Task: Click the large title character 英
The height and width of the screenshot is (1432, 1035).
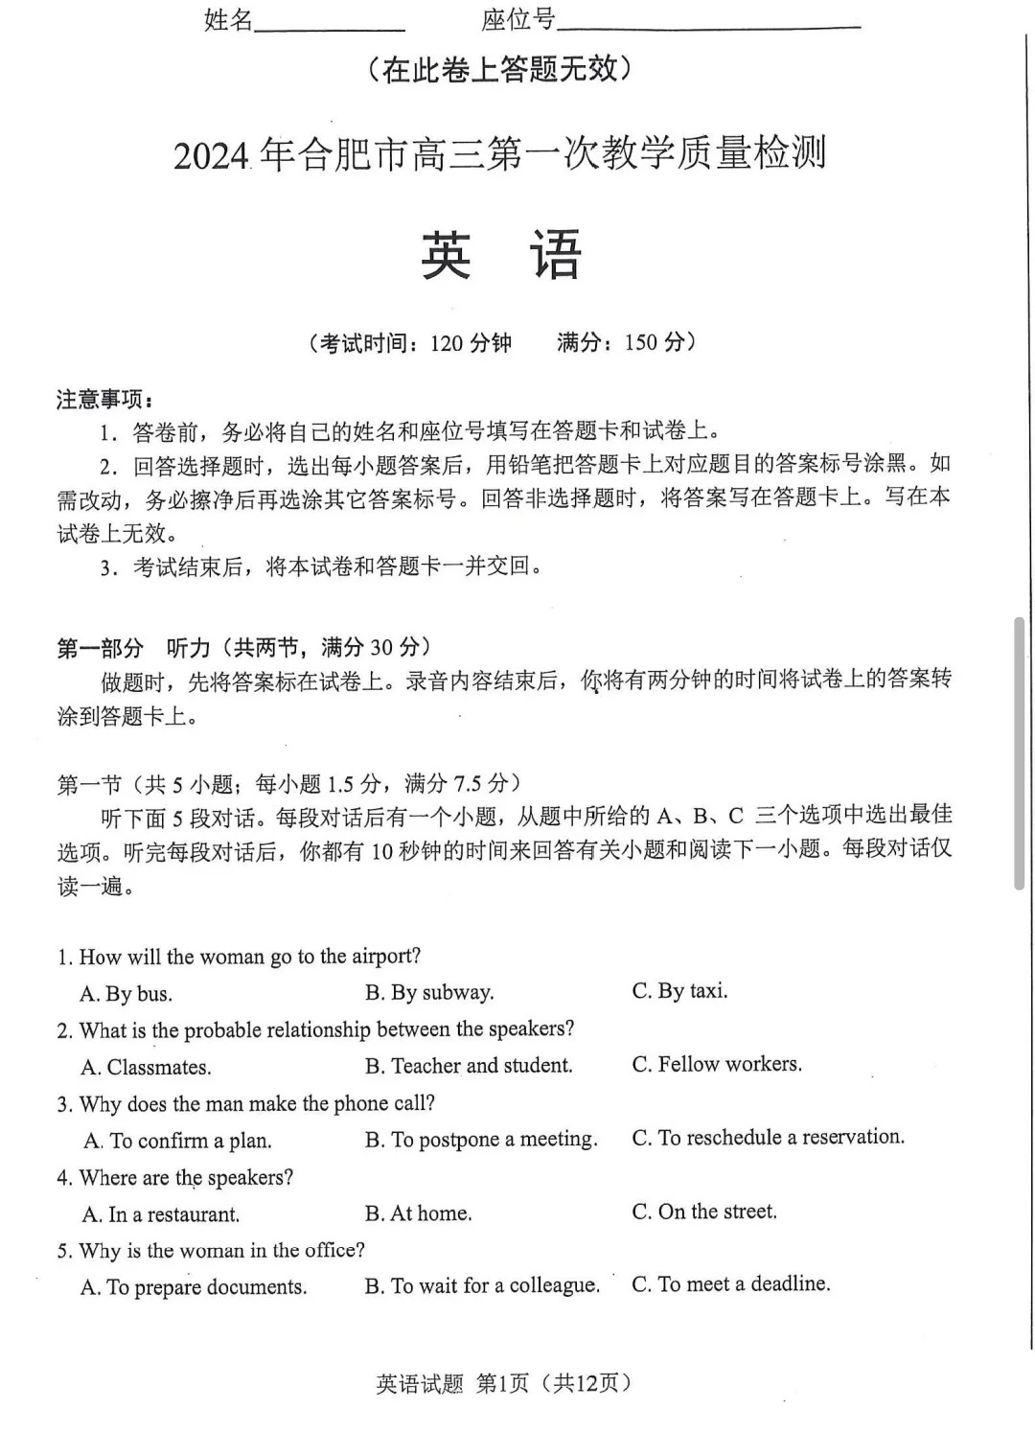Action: coord(447,255)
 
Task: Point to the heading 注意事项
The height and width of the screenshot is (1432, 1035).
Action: coord(104,399)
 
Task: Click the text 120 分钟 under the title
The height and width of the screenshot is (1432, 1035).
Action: coord(471,342)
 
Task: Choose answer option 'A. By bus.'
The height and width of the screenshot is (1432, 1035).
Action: coord(126,994)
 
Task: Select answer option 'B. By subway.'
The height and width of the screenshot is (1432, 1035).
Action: coord(429,992)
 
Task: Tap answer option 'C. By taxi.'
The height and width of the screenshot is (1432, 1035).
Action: coord(679,990)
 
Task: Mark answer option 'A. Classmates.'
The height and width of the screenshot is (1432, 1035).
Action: coord(146,1067)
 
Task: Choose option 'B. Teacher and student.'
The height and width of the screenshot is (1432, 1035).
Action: coord(469,1065)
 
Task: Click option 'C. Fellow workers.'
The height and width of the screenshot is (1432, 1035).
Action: coord(717,1064)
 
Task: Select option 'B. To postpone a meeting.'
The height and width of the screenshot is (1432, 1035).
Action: coord(481,1139)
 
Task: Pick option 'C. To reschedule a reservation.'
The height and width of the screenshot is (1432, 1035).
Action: coord(768,1137)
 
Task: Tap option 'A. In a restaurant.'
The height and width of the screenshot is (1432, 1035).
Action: coord(161,1214)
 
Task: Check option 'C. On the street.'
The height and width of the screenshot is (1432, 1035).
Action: coord(704,1212)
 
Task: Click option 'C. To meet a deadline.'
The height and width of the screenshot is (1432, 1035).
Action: coord(730,1283)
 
